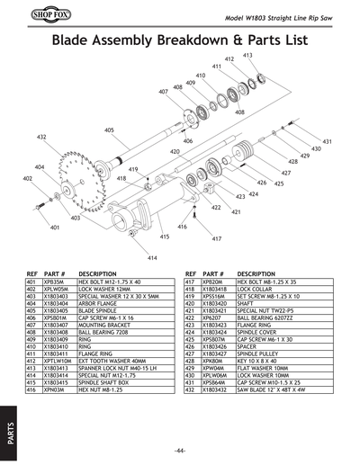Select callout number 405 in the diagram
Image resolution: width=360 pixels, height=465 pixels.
(109, 130)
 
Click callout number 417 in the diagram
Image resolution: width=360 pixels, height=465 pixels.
(216, 239)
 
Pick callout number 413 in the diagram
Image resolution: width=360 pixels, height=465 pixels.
(247, 56)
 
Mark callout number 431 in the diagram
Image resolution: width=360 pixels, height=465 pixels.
(328, 142)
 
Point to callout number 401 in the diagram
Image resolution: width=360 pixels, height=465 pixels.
(55, 228)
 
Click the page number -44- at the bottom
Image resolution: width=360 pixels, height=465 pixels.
(180, 450)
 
